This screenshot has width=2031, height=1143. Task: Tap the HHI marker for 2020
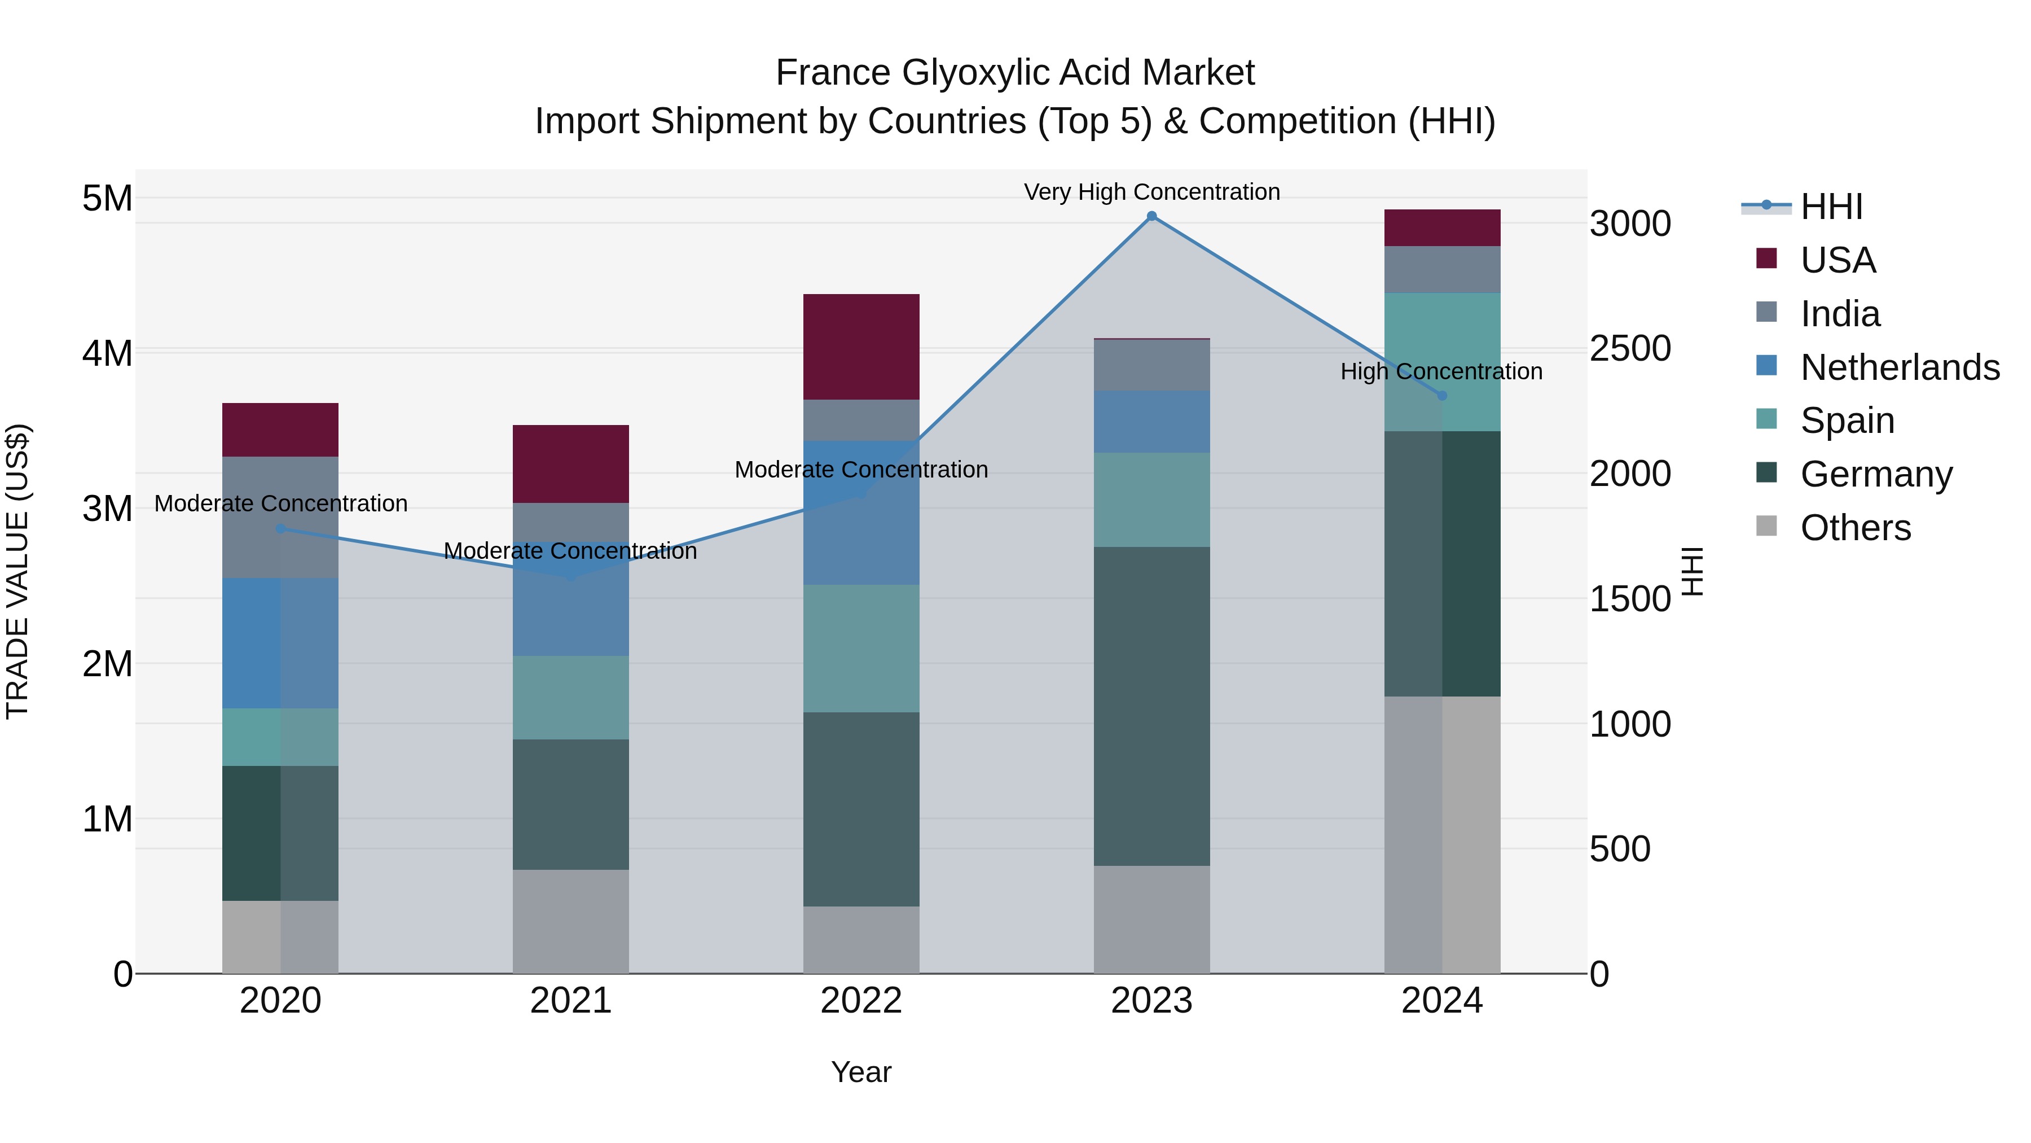[x=281, y=528]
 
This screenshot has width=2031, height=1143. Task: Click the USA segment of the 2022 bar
[x=861, y=347]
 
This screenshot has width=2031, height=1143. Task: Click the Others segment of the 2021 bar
[x=571, y=921]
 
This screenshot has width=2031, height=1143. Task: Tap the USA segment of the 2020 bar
[x=281, y=430]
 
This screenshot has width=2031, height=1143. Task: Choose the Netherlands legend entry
[x=1876, y=367]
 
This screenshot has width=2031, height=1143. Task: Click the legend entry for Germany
[x=1853, y=474]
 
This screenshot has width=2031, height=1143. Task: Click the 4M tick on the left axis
[x=107, y=353]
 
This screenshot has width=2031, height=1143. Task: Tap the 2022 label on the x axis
[x=861, y=1001]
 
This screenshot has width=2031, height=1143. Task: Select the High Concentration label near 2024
[x=1441, y=371]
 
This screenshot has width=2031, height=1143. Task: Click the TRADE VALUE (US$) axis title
[x=17, y=571]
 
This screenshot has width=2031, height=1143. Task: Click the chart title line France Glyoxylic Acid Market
[x=1015, y=73]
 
